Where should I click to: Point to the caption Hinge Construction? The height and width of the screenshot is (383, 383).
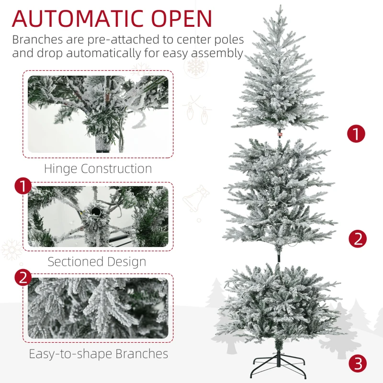(x=98, y=169)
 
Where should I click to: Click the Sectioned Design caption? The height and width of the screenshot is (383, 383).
(x=97, y=261)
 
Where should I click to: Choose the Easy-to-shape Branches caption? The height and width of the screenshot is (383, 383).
(x=98, y=354)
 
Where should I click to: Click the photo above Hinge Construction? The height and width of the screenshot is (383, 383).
(x=98, y=114)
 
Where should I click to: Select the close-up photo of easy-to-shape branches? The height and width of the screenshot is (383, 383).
(x=98, y=308)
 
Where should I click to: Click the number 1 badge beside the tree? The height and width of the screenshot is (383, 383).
(x=356, y=134)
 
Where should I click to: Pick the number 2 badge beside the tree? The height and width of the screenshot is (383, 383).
(x=358, y=238)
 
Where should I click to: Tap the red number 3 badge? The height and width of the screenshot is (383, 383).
(x=358, y=364)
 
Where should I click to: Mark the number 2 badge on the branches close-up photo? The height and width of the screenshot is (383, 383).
(x=23, y=278)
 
